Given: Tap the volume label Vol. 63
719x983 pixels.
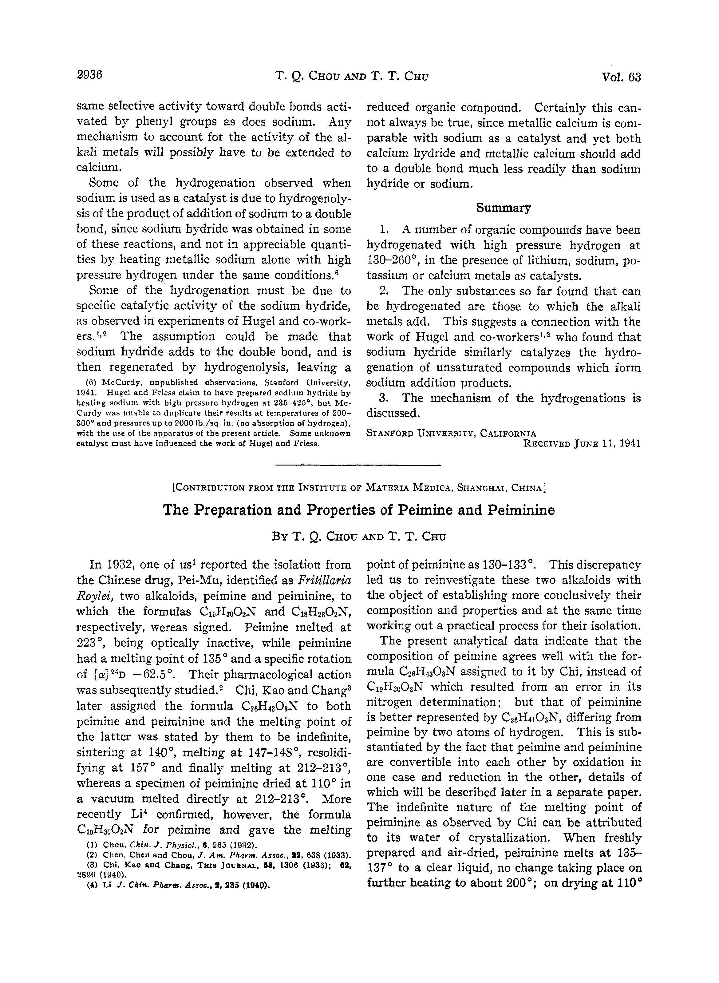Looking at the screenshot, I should tap(621, 77).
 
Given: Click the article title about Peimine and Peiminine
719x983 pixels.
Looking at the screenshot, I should tap(359, 510).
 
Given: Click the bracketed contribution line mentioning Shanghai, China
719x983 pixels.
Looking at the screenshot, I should tap(359, 488).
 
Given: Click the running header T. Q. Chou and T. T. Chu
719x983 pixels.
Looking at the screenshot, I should tap(352, 77).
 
